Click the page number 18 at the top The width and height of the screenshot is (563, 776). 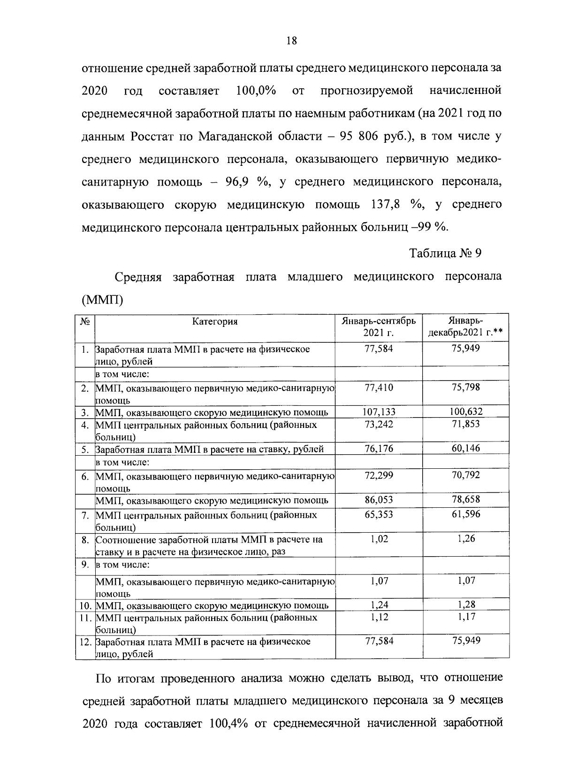click(x=291, y=40)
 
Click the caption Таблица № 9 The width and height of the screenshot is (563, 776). click(x=446, y=254)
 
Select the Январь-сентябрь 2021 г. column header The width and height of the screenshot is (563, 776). click(x=378, y=327)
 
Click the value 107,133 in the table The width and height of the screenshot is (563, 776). click(x=379, y=412)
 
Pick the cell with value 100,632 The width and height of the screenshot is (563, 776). click(x=465, y=412)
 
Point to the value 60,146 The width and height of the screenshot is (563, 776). click(x=465, y=448)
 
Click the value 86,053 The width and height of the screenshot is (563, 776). click(x=379, y=499)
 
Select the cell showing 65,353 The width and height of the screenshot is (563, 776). click(x=379, y=514)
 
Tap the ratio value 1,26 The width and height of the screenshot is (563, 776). click(x=466, y=539)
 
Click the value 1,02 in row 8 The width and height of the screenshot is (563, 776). click(x=379, y=539)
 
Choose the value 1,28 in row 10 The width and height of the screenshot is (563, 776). click(x=466, y=605)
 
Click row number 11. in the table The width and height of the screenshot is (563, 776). click(x=85, y=617)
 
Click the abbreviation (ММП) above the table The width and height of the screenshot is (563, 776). click(x=102, y=299)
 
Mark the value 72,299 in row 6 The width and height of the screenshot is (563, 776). click(x=379, y=475)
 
